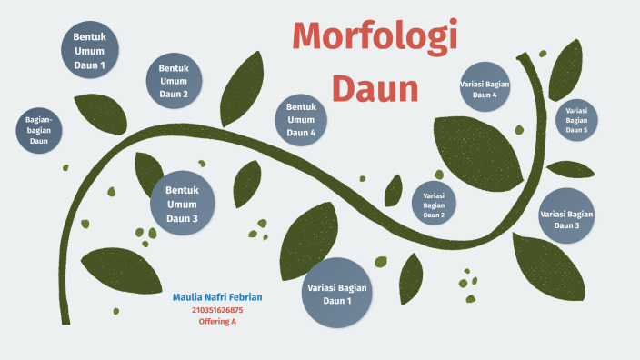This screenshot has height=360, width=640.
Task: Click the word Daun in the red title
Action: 375,89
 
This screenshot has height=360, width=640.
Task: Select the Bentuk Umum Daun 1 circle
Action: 90,51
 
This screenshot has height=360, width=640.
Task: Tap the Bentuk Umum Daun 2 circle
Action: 174,81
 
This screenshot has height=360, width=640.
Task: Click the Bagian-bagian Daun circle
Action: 39,129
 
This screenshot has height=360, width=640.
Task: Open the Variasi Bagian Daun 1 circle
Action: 337,292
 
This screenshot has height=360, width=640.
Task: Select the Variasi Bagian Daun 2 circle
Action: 434,205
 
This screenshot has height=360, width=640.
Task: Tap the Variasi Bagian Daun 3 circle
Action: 566,219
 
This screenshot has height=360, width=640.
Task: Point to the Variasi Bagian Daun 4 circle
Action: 485,88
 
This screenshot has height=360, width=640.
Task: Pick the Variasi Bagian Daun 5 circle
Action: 576,120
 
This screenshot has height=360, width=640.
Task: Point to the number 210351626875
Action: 217,310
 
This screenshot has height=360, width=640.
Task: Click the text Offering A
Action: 217,322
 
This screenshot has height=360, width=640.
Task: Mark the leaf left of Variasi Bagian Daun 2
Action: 393,192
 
